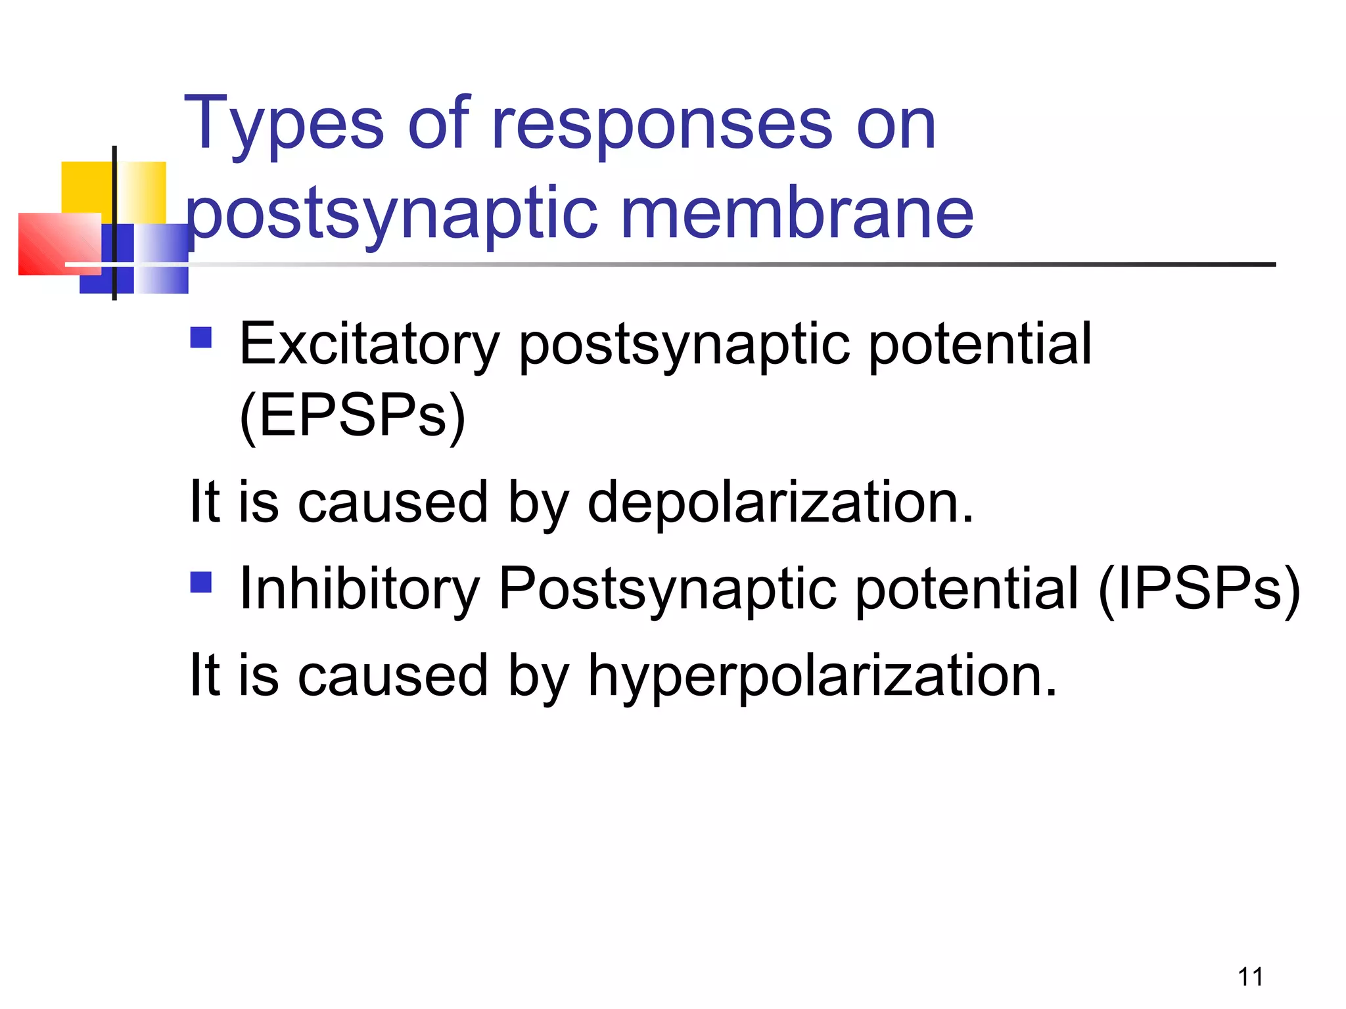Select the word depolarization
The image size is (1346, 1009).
tap(780, 503)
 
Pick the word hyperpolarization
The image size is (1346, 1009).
tap(822, 677)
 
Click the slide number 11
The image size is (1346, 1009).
tap(1251, 977)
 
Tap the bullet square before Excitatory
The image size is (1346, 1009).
tap(201, 338)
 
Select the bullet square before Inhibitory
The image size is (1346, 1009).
tap(201, 582)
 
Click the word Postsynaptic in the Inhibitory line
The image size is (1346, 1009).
tap(668, 589)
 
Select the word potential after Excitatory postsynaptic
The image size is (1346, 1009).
tap(980, 345)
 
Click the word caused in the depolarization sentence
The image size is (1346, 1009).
tap(393, 503)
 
